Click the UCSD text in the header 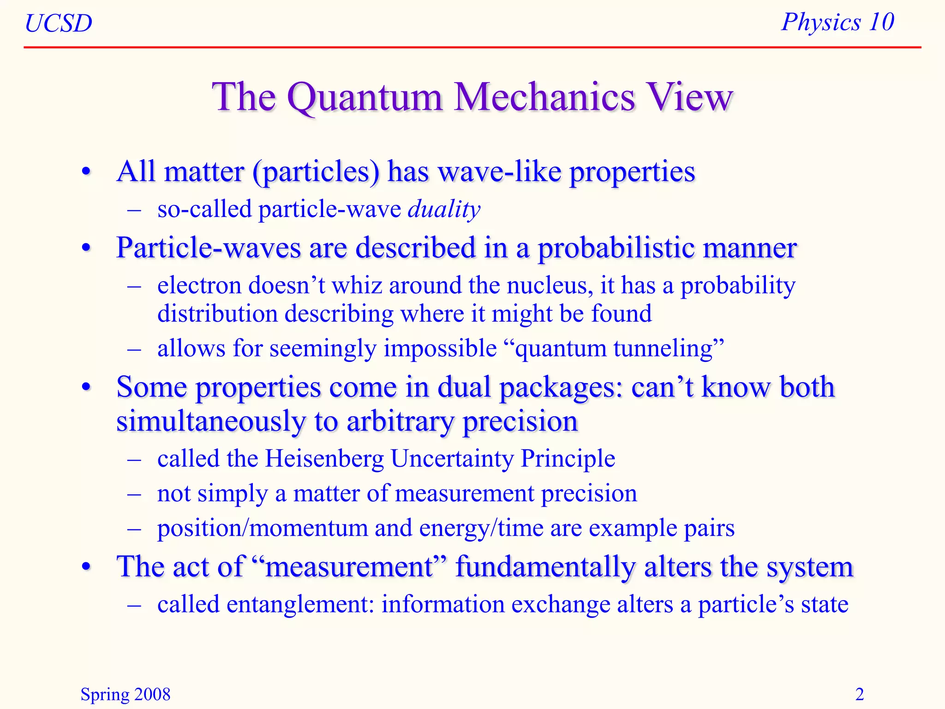pyautogui.click(x=59, y=23)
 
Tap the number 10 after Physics pyautogui.click(x=881, y=22)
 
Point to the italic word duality pyautogui.click(x=444, y=210)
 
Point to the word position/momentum pyautogui.click(x=262, y=528)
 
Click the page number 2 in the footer pyautogui.click(x=859, y=694)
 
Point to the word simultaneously pyautogui.click(x=211, y=422)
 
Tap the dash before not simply pyautogui.click(x=134, y=494)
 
